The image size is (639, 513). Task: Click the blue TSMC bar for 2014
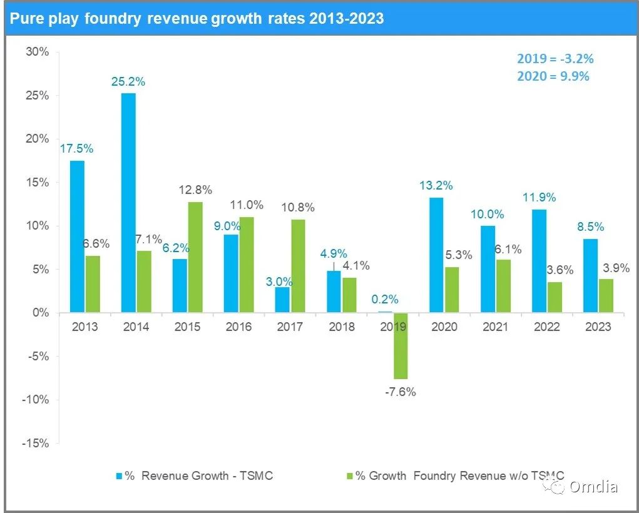pos(128,203)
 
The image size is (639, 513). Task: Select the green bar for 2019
pos(400,345)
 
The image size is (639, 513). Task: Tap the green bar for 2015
pos(195,257)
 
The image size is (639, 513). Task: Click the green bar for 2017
pos(297,266)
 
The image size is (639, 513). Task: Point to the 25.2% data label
pos(128,81)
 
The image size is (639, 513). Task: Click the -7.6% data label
pos(400,392)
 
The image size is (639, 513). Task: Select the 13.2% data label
pos(436,186)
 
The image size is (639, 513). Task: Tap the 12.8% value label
pos(196,190)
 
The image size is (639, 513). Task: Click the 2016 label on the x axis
pos(238,327)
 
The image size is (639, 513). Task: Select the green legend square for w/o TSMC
pos(350,476)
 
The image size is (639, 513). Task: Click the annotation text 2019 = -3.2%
pos(555,59)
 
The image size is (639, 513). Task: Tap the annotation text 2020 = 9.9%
pos(553,76)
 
